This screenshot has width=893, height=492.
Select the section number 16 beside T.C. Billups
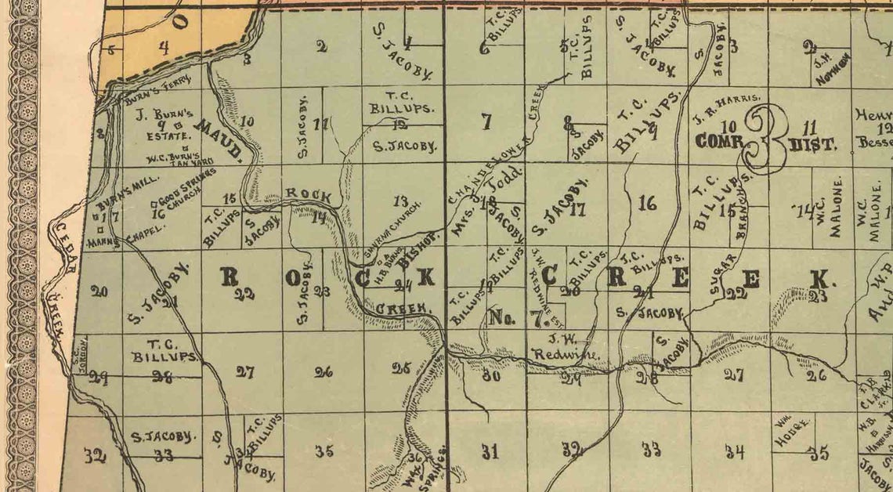point(647,205)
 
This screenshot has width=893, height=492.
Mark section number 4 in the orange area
point(162,49)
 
